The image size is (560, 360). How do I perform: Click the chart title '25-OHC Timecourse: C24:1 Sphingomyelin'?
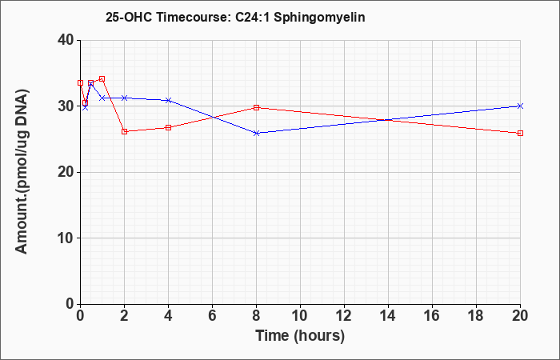tap(235, 17)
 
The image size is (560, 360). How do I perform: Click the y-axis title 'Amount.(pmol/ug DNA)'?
tap(22, 172)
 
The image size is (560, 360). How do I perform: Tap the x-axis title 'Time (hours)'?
tap(300, 336)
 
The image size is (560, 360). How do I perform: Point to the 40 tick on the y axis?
tap(66, 40)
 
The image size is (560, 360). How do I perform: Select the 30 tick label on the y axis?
tap(66, 106)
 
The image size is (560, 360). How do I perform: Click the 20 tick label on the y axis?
tap(66, 173)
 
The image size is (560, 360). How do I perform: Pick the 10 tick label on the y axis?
tap(66, 238)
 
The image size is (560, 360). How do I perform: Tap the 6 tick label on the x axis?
tap(213, 316)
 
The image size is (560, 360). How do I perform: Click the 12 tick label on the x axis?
tap(344, 316)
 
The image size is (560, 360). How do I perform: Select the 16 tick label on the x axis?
tap(433, 316)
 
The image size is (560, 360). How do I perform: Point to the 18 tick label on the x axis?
tap(477, 316)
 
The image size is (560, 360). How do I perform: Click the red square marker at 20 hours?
tap(520, 134)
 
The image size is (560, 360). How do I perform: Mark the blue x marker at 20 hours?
tap(520, 106)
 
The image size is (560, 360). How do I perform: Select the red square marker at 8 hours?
tap(257, 107)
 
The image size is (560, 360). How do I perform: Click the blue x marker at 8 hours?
tap(257, 133)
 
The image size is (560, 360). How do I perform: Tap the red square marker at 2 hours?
tap(124, 131)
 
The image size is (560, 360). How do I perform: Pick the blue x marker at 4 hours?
tap(169, 100)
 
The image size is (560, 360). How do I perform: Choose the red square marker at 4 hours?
tap(169, 127)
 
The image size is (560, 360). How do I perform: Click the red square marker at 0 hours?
tap(80, 83)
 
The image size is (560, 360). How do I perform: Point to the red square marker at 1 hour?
tap(102, 78)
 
